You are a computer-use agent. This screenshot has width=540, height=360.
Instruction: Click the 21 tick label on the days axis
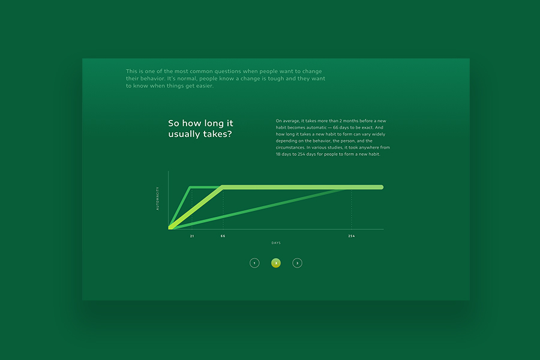pyautogui.click(x=192, y=236)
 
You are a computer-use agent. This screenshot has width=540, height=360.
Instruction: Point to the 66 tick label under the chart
pyautogui.click(x=223, y=236)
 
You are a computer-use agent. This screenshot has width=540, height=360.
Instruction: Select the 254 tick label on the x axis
pyautogui.click(x=351, y=236)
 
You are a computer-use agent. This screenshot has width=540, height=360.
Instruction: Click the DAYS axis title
pyautogui.click(x=276, y=243)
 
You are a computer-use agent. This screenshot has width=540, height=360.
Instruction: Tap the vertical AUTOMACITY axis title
pyautogui.click(x=157, y=199)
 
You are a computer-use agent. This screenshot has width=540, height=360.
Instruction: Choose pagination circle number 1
pyautogui.click(x=254, y=263)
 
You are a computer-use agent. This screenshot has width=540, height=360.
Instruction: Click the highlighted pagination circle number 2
pyautogui.click(x=276, y=263)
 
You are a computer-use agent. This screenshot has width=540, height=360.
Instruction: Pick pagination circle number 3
pyautogui.click(x=297, y=263)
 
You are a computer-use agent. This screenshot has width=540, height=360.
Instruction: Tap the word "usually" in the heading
pyautogui.click(x=184, y=134)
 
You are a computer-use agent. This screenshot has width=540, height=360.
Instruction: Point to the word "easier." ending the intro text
pyautogui.click(x=205, y=86)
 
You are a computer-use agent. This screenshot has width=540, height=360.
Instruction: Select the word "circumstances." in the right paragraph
pyautogui.click(x=290, y=148)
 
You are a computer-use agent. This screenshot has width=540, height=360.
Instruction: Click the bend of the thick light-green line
pyautogui.click(x=223, y=187)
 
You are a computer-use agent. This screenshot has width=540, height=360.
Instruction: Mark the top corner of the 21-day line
pyautogui.click(x=190, y=187)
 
